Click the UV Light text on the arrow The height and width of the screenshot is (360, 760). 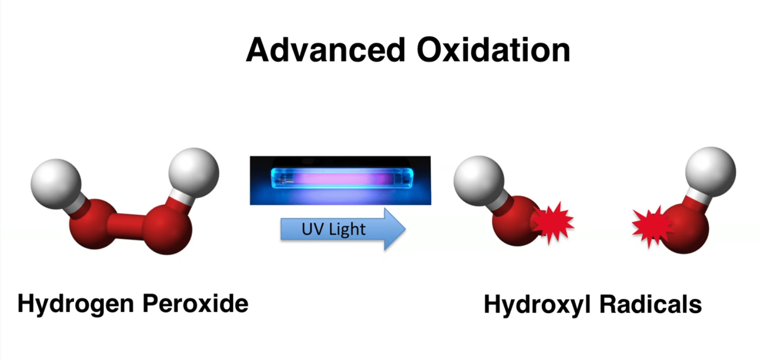tap(333, 229)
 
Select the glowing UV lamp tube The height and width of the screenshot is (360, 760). tap(340, 179)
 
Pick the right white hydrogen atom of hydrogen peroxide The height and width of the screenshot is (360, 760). tap(194, 171)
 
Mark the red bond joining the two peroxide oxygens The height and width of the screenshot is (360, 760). tap(129, 224)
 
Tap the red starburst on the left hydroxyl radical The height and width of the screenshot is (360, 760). tap(553, 221)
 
